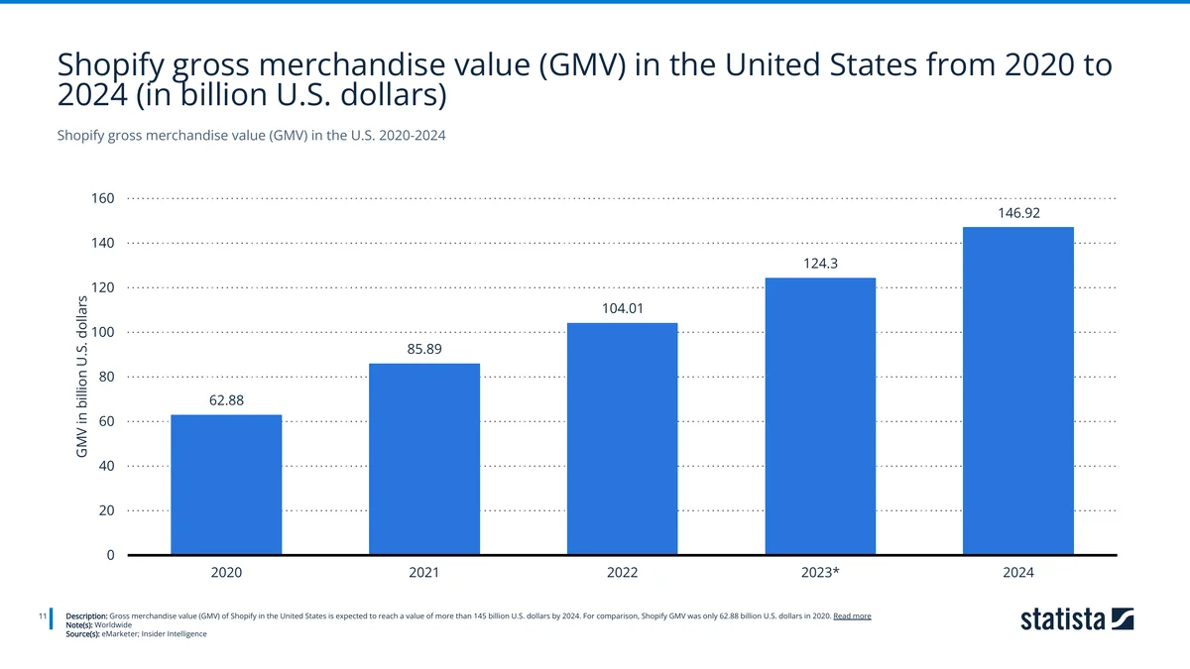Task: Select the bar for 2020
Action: tap(226, 485)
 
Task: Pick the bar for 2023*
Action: tap(820, 416)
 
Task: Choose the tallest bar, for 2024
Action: tap(1018, 390)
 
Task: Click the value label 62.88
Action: tap(226, 400)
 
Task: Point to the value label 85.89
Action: tap(424, 349)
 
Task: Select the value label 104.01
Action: tap(622, 308)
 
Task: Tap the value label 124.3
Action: tap(820, 264)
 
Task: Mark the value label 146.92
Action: tap(1018, 212)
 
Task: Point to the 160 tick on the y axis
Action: tap(103, 198)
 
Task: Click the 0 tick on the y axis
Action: tap(110, 555)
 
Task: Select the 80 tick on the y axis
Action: tap(106, 377)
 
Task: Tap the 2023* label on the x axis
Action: tap(820, 573)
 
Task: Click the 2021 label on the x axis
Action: tap(424, 573)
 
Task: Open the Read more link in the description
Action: tap(852, 615)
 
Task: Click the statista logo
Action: tap(1077, 620)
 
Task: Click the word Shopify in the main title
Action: tap(113, 65)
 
